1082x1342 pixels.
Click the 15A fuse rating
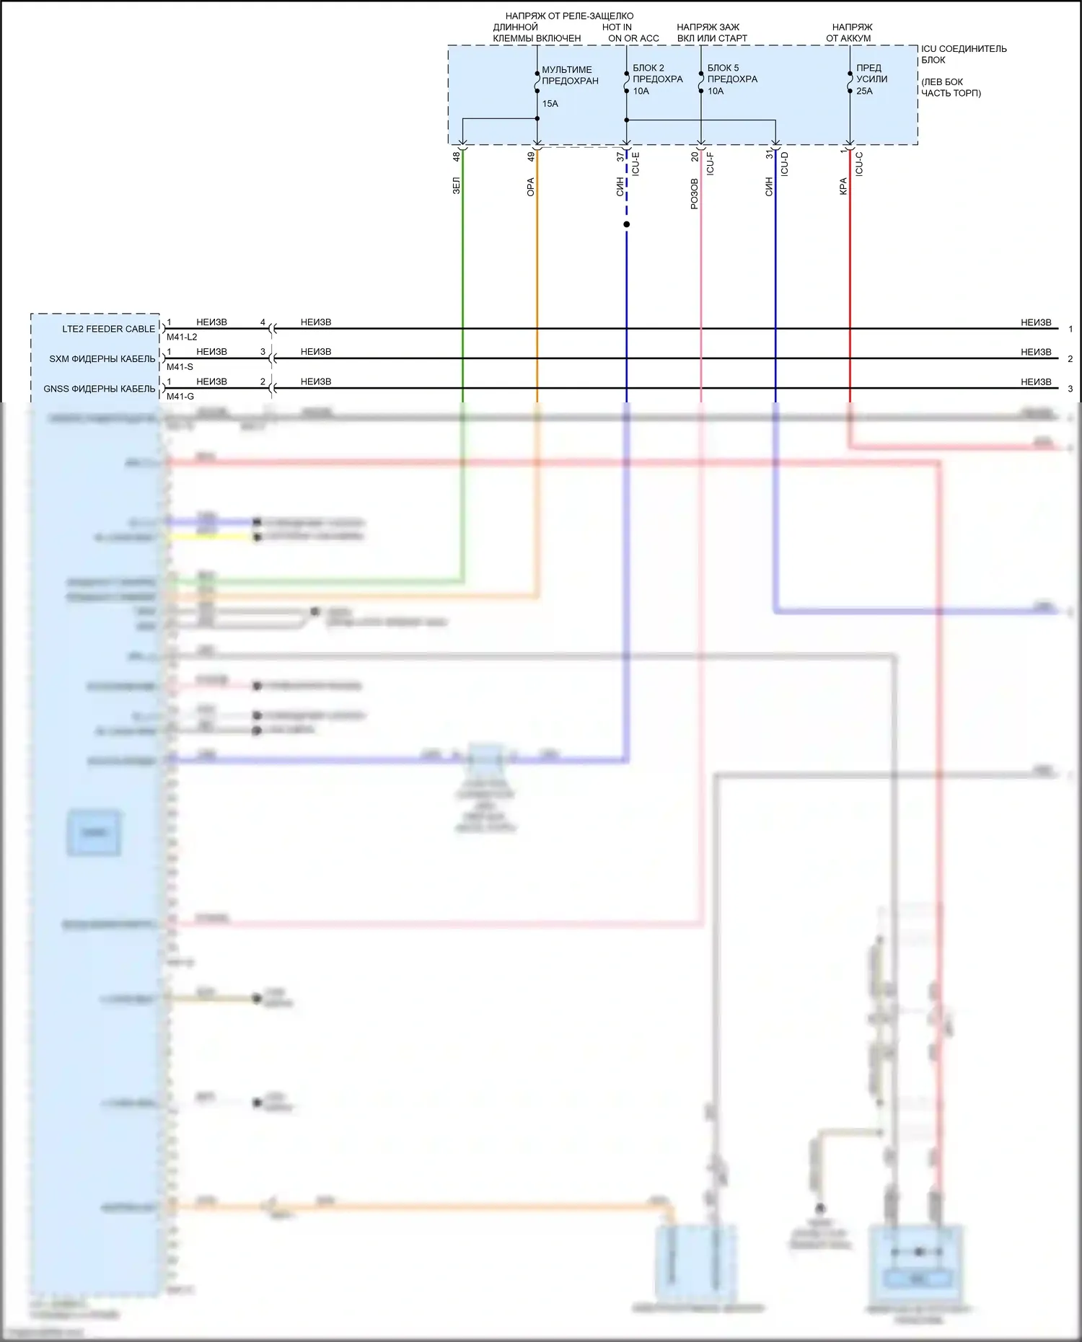pos(550,104)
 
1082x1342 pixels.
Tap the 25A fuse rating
pos(864,91)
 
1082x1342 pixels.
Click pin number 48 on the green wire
pos(457,156)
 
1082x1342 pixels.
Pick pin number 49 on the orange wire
pos(532,156)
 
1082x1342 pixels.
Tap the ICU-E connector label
pos(635,164)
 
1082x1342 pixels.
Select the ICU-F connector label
pos(711,164)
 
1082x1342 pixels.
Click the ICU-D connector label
pos(785,164)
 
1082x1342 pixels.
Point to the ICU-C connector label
pos(859,164)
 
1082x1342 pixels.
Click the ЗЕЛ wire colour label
pos(457,186)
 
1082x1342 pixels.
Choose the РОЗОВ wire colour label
pos(695,194)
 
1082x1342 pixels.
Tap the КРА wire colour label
pos(843,187)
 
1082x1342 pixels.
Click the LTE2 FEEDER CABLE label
pos(108,329)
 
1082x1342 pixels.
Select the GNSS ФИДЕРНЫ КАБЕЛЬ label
pos(99,389)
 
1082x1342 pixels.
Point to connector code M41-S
pos(180,367)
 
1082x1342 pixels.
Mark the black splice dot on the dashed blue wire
pos(627,224)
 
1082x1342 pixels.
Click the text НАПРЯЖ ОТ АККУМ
pos(850,32)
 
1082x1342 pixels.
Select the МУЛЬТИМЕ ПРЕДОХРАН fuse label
pos(570,75)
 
